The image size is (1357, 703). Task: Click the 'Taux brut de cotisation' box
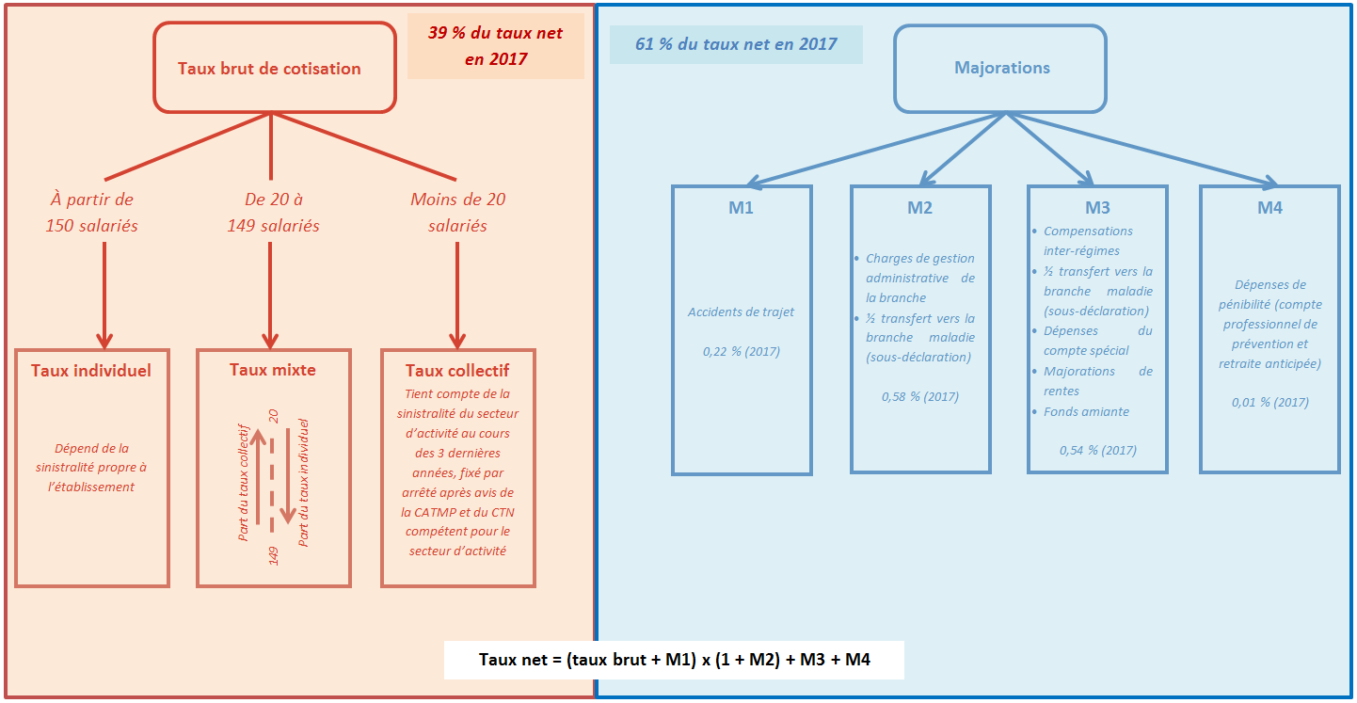point(270,68)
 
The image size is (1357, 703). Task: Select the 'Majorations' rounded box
point(1001,68)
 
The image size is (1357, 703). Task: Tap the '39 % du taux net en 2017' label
point(495,46)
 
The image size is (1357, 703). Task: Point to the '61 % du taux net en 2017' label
point(736,44)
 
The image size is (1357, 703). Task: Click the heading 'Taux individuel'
point(91,371)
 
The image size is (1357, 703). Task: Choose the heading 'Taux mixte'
point(273,370)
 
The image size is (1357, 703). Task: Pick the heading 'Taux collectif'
point(457,371)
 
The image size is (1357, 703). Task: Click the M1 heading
point(742,208)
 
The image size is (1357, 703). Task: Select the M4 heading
point(1269,208)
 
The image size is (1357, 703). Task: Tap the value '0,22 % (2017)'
point(742,352)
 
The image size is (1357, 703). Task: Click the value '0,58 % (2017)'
point(920,397)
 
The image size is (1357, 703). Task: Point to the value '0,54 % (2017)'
point(1097,451)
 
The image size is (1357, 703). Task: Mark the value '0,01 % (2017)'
point(1269,402)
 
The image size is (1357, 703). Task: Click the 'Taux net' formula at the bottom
point(674,660)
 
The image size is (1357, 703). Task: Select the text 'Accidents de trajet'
point(742,312)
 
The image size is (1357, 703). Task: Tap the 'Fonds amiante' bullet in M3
point(1087,411)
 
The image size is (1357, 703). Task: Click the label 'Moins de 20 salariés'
point(458,213)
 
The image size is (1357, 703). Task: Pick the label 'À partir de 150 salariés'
point(92,213)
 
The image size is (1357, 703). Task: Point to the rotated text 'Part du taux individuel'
point(303,482)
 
